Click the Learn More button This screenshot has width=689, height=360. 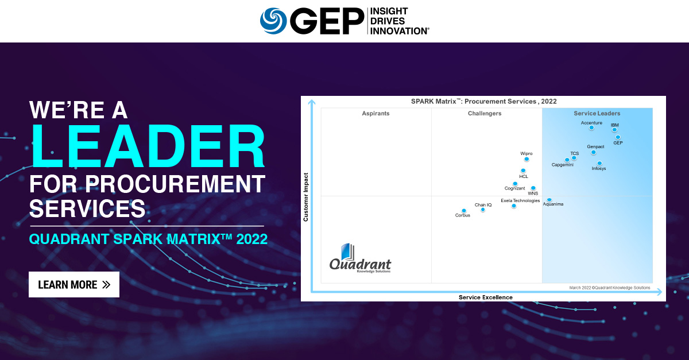[74, 284]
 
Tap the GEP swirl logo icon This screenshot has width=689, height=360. [273, 21]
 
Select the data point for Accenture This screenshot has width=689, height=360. [591, 127]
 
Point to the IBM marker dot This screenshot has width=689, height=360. [614, 130]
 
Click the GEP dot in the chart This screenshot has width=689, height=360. [618, 137]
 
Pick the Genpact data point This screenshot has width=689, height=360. [594, 152]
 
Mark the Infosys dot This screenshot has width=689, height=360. [599, 163]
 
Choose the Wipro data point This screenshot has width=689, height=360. [527, 158]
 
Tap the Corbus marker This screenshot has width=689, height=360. [463, 211]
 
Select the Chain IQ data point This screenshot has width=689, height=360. [482, 210]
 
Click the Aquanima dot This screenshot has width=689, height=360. [549, 200]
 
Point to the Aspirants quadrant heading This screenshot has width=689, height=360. [376, 114]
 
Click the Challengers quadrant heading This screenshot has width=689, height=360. [485, 114]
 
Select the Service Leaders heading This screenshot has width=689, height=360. [597, 114]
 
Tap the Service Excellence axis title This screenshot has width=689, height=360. [485, 297]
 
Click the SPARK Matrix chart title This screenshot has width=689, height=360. [483, 101]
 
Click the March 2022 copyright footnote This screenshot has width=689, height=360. [610, 288]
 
